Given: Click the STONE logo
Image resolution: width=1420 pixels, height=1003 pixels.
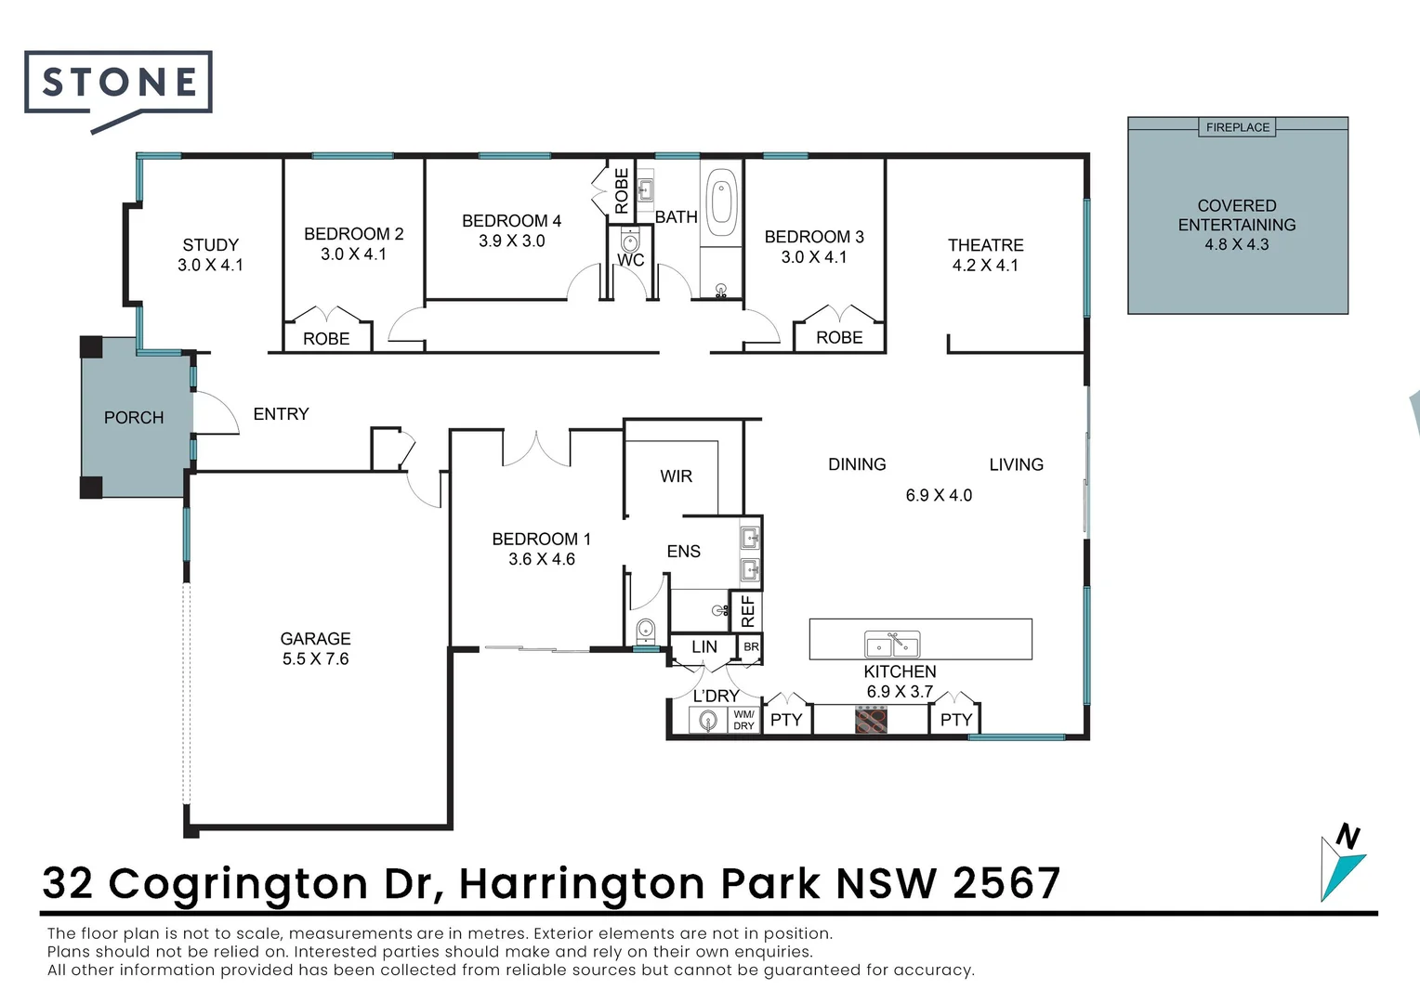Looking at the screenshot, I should pos(119,84).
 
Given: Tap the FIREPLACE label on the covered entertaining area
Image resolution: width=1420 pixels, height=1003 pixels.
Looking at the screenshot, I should pos(1237,127).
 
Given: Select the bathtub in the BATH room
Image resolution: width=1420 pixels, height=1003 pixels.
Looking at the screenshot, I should pos(722,202).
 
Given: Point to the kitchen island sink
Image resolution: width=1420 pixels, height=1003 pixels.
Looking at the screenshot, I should pos(892,644).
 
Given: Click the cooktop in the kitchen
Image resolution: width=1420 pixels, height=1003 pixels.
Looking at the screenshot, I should pos(871,720).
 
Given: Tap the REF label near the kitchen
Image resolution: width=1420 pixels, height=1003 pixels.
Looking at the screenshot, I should pos(748,611).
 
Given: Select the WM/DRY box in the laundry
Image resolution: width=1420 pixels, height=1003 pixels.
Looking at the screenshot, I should pos(743,721).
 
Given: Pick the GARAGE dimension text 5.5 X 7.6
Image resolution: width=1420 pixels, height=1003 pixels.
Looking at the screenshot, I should pos(316,658).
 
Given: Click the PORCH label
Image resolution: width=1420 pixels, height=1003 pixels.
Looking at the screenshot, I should pos(134,418).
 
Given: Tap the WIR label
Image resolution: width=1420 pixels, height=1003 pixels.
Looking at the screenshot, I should pos(676,476).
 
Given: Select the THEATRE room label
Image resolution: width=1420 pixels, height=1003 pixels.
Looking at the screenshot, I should pos(985,245).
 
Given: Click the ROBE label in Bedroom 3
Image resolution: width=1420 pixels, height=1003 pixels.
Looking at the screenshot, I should pos(839,338).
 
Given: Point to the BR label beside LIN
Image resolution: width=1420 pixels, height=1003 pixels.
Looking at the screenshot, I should pos(751,646).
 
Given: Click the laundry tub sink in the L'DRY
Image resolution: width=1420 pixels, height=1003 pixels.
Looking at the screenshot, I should pos(709,721).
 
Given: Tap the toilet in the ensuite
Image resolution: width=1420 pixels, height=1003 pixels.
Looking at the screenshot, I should pos(646,632).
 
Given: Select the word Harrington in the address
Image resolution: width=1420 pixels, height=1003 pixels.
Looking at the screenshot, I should pos(582,883).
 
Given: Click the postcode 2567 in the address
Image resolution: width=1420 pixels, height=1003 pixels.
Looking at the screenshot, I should pos(1007,883).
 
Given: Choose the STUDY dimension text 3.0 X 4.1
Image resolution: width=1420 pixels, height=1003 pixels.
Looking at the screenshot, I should pos(211,265).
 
